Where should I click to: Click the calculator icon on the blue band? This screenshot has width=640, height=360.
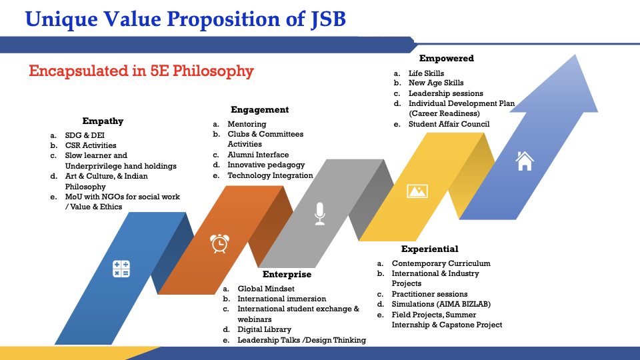[x=121, y=269]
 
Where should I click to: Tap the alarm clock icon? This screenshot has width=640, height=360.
[x=219, y=243]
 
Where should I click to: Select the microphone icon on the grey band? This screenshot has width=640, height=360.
[x=319, y=213]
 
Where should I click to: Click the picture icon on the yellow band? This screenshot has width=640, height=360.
[x=417, y=191]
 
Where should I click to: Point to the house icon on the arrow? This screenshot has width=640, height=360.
[x=525, y=161]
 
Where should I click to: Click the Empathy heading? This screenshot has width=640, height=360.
[x=103, y=121]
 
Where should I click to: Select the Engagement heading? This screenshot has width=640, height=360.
[x=259, y=110]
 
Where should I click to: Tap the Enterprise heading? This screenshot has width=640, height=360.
[x=287, y=274]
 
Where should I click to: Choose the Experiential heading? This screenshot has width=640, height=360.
[x=430, y=249]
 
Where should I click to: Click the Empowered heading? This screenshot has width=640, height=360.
[x=447, y=59]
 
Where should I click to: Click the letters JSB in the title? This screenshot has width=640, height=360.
[x=328, y=19]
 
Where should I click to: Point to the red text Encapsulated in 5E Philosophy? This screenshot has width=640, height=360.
[x=141, y=71]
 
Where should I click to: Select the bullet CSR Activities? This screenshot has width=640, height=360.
[x=91, y=145]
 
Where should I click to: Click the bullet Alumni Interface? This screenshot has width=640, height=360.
[x=258, y=155]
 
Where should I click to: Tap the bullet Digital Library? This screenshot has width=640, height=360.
[x=265, y=329]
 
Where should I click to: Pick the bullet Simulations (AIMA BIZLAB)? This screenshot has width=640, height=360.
[x=441, y=304]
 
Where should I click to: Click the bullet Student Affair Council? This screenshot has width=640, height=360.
[x=449, y=124]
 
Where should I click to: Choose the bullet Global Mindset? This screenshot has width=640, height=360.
[x=266, y=289]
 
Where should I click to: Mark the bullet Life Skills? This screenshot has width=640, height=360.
[x=426, y=73]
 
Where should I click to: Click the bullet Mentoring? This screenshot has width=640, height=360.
[x=247, y=124]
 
